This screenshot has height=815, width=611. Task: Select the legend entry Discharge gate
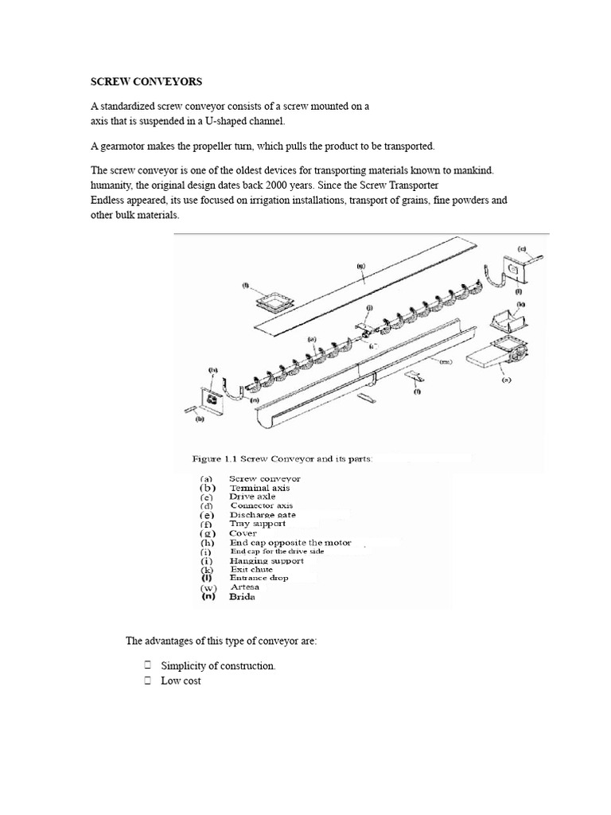point(263,514)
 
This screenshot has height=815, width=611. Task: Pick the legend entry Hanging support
point(266,560)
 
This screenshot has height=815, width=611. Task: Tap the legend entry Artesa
point(244,587)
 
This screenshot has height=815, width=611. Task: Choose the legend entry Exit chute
point(251,569)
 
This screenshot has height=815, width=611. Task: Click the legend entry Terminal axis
point(259,487)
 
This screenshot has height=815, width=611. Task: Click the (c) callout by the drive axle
point(521,248)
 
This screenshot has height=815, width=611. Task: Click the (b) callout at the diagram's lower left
point(200,416)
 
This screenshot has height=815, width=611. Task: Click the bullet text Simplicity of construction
point(218,666)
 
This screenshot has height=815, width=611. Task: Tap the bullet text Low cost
point(181,681)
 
